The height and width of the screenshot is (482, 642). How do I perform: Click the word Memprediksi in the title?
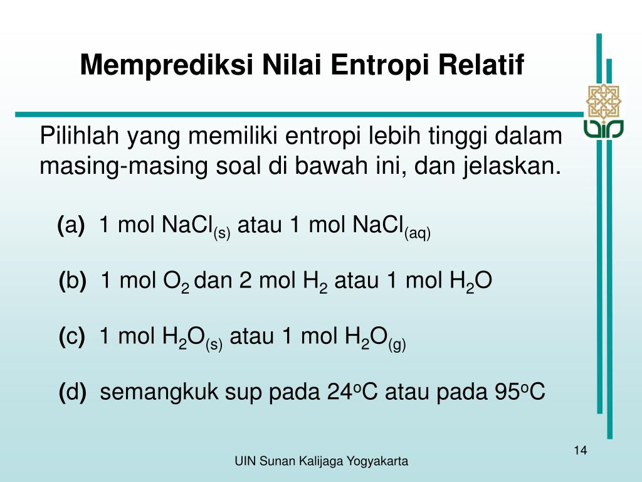[x=165, y=65]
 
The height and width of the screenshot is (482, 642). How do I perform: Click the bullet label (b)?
[x=73, y=281]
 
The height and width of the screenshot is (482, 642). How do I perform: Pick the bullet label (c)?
[x=72, y=337]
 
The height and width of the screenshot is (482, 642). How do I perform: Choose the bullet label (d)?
[x=73, y=393]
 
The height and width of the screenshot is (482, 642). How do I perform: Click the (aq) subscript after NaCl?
[x=417, y=233]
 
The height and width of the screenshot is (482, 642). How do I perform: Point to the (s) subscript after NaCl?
[x=222, y=233]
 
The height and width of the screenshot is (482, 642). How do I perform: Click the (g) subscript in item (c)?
[x=397, y=345]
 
